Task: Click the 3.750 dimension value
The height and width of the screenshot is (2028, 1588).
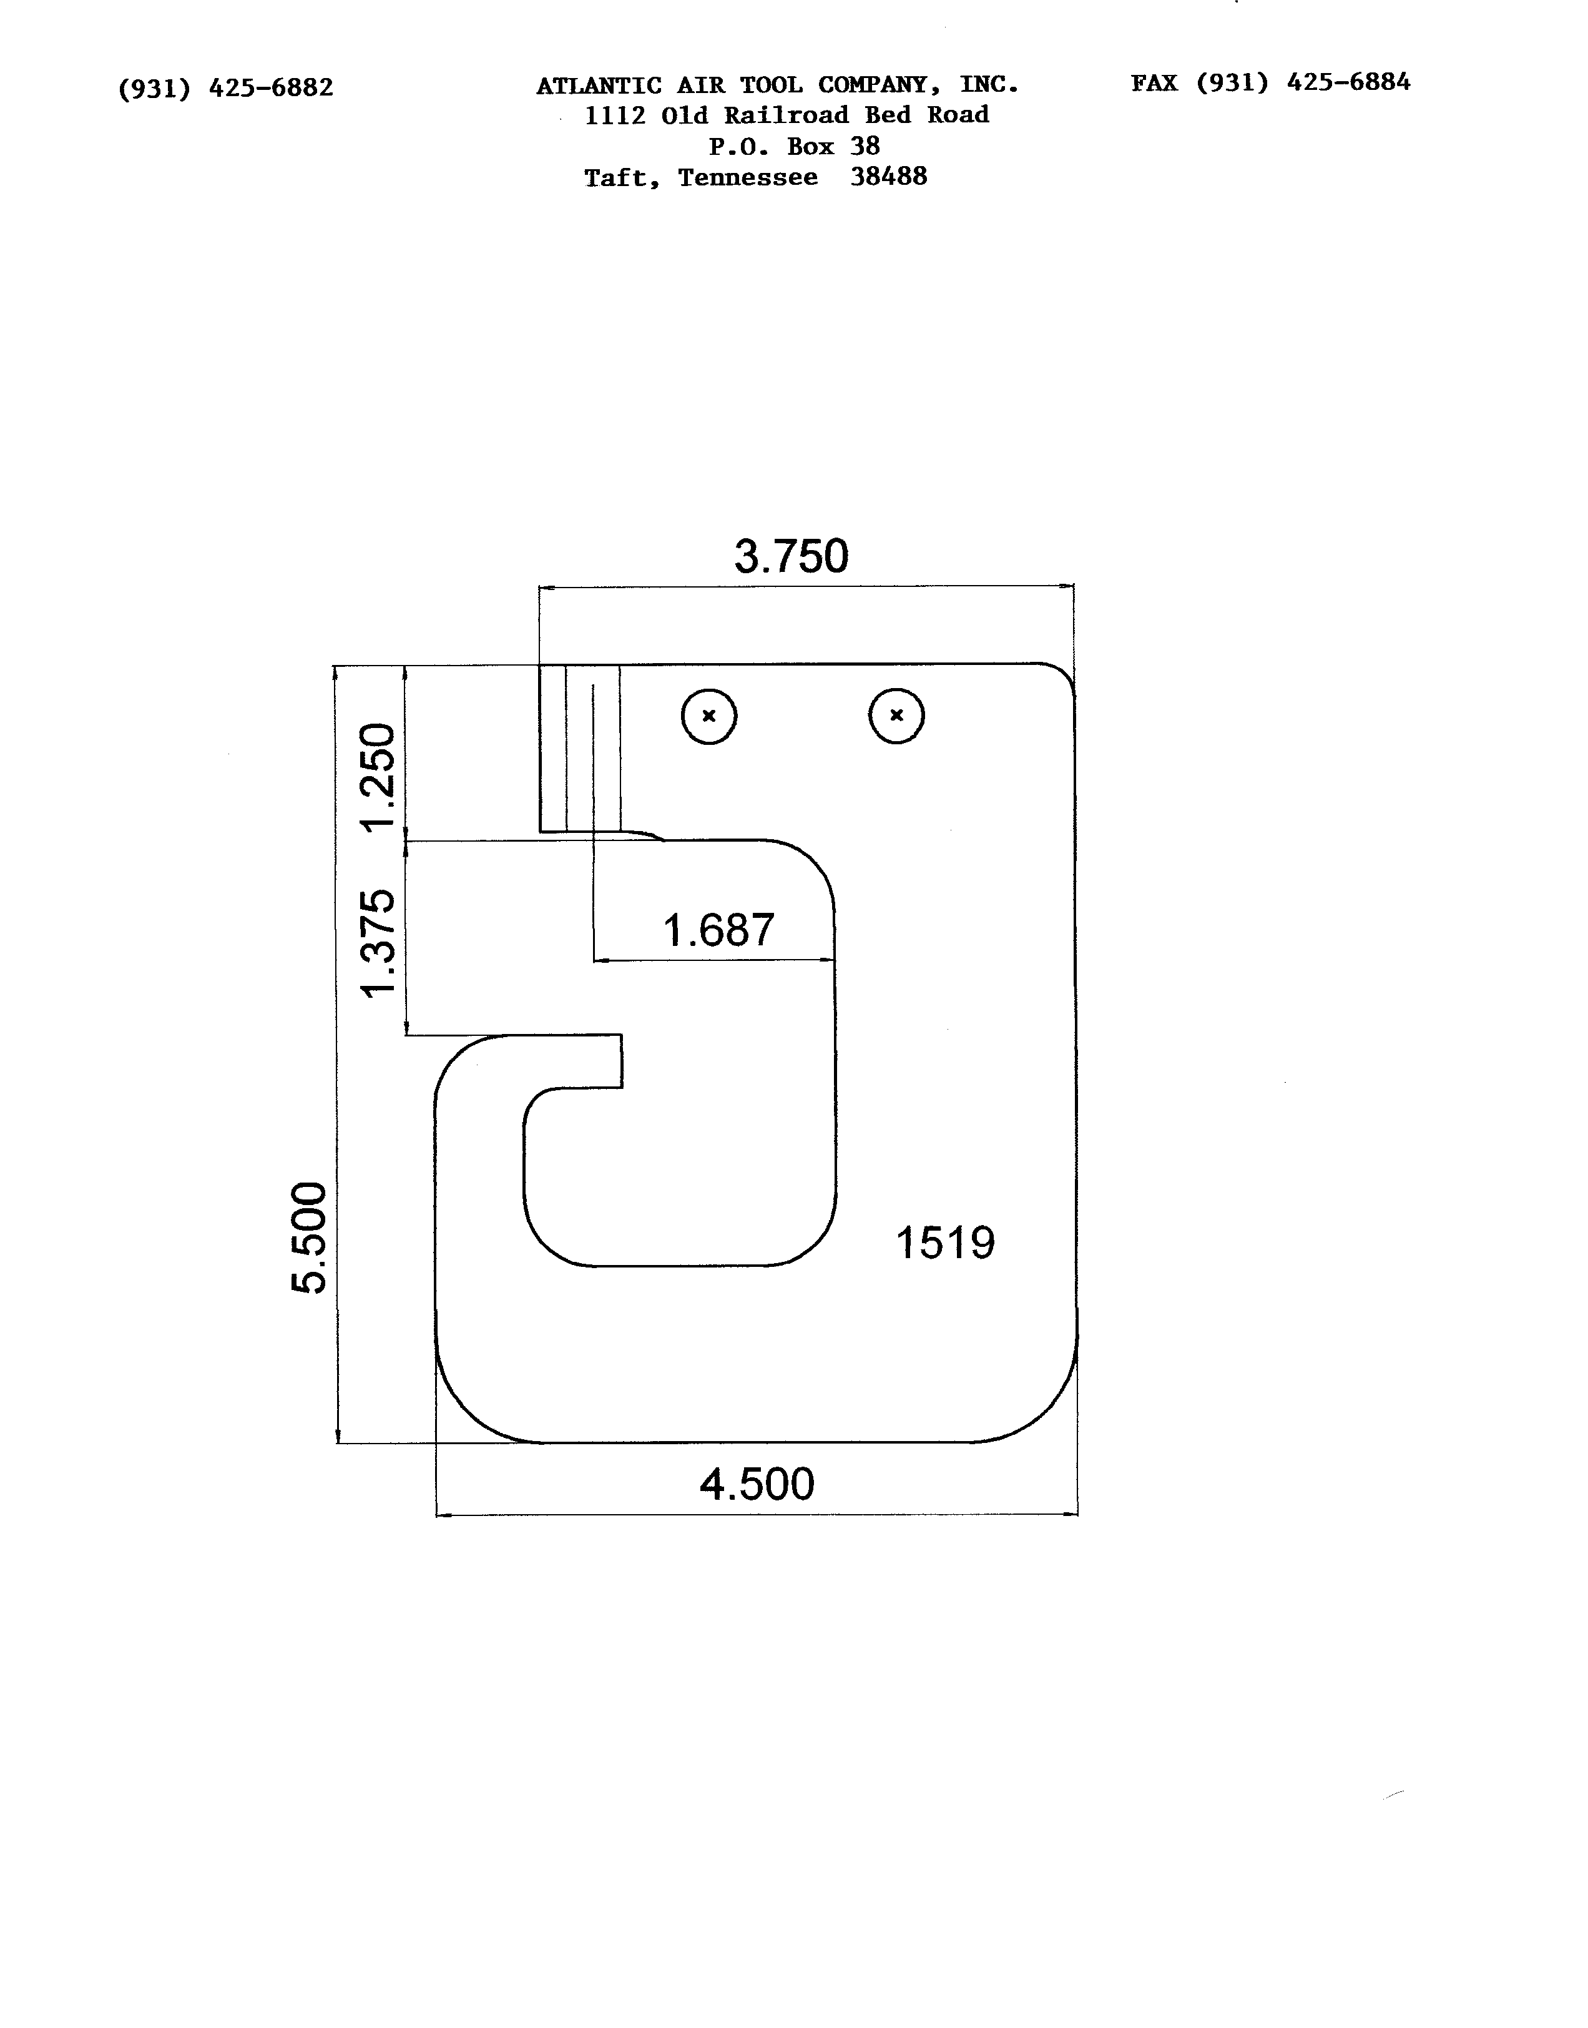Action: (792, 556)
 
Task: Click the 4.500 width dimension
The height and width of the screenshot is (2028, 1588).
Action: (757, 1484)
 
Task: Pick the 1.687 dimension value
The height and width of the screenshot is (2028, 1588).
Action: (718, 930)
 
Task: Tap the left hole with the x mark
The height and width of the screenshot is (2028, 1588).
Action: (709, 716)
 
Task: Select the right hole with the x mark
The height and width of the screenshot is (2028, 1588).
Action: (897, 715)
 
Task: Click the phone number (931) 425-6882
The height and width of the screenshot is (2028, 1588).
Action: (226, 88)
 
